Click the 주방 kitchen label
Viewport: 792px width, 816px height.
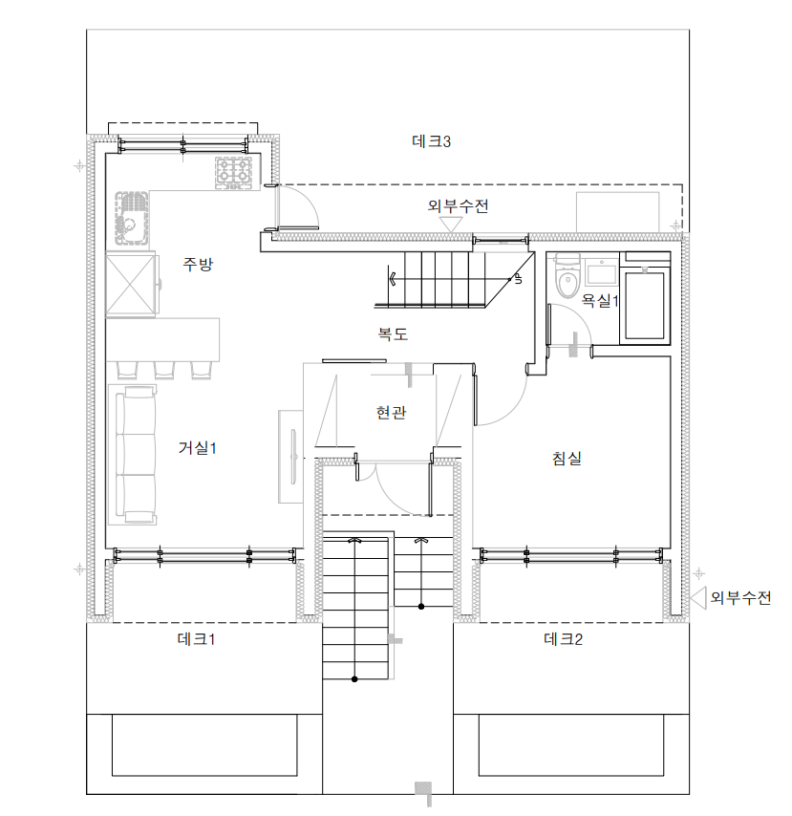coord(198,264)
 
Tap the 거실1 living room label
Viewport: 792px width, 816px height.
coord(197,447)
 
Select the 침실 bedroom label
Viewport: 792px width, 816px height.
coord(567,459)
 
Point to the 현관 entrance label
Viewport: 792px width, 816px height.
coord(391,413)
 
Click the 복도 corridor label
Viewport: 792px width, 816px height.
coord(393,333)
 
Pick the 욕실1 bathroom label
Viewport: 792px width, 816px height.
coord(599,300)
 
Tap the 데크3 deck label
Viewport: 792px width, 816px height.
coord(431,141)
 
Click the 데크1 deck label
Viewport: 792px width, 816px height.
coord(197,639)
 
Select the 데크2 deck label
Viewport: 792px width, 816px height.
coord(563,639)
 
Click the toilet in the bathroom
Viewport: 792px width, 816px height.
coord(567,275)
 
